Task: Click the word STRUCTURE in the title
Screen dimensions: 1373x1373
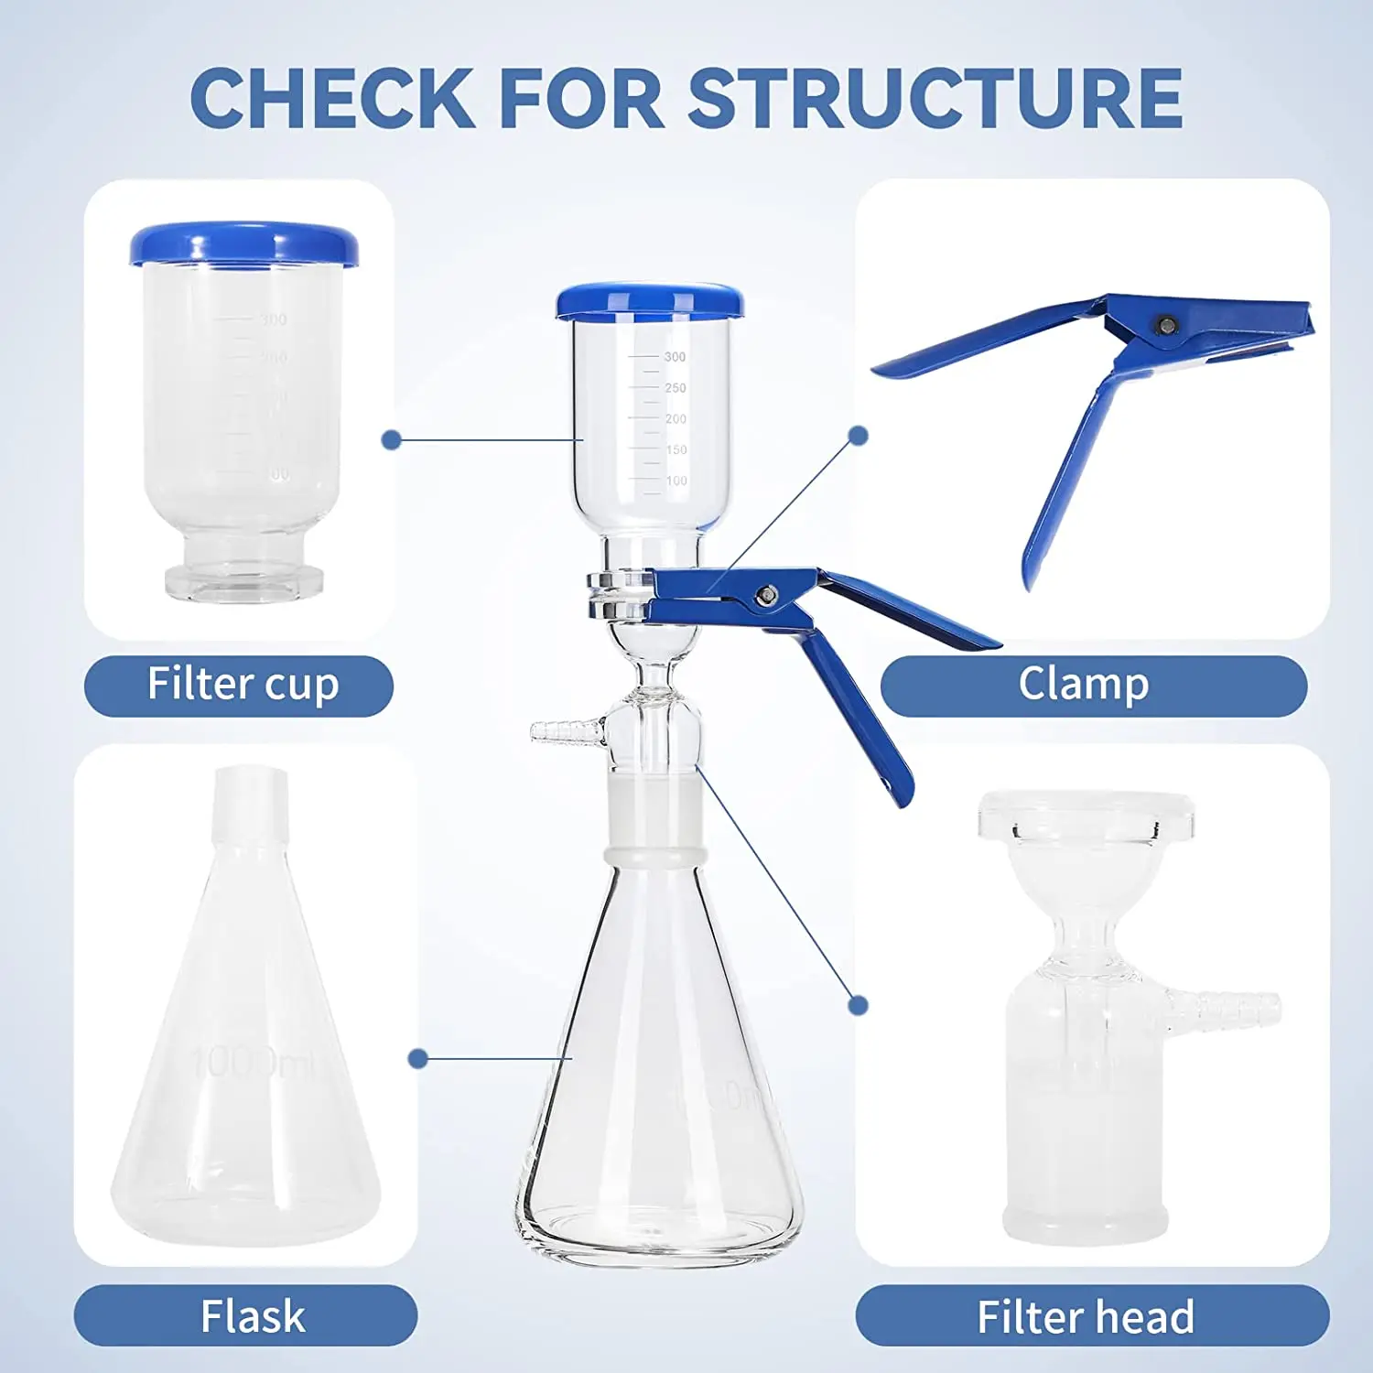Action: pos(935,99)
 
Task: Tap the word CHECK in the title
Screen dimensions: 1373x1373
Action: pos(331,99)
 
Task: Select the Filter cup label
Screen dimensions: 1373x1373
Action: pos(239,685)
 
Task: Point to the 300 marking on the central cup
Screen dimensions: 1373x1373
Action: pos(675,357)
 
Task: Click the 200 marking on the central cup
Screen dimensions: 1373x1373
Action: pos(676,419)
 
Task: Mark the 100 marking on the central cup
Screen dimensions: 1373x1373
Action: pos(676,481)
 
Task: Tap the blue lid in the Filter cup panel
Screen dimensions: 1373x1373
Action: pos(243,244)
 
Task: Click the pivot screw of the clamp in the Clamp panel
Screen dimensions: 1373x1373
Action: pos(1166,325)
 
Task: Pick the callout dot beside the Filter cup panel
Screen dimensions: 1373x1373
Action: pos(392,440)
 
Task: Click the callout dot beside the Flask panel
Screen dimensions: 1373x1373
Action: pos(418,1059)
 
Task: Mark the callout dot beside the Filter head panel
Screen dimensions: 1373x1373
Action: pos(858,1005)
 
